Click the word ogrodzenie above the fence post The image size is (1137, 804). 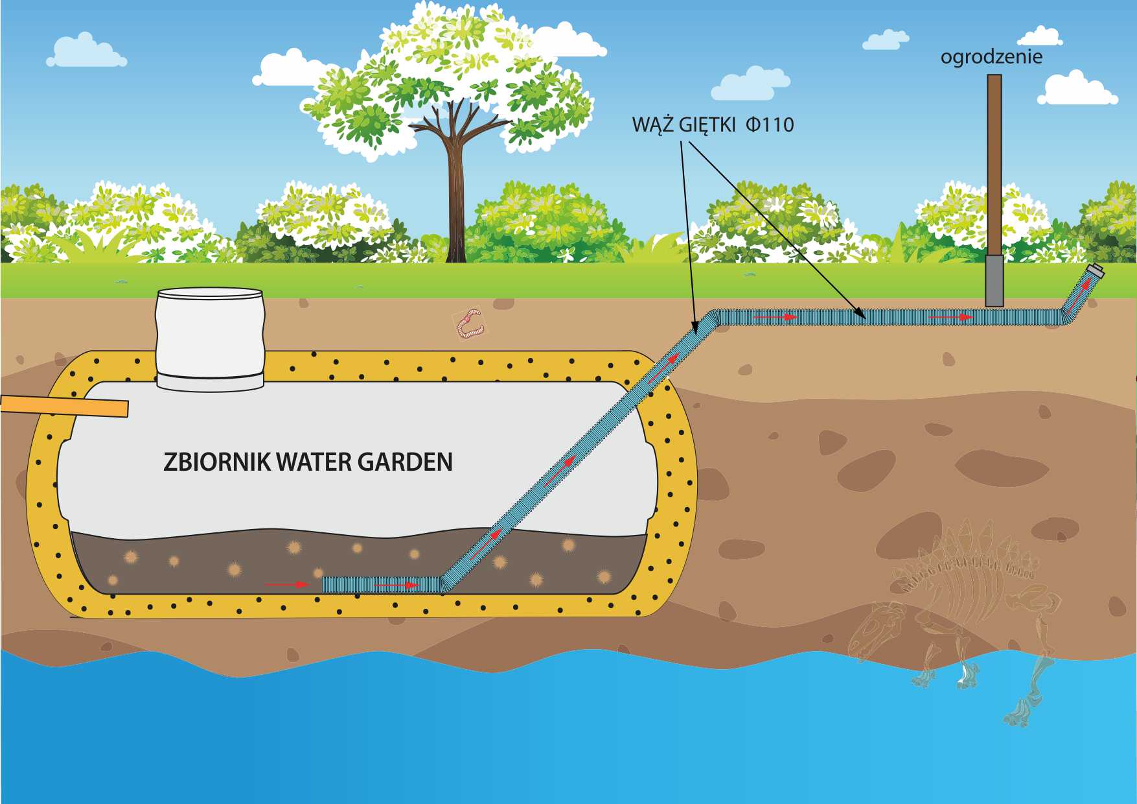point(991,57)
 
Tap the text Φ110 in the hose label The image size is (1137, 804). point(770,124)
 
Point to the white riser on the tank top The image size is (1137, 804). point(210,337)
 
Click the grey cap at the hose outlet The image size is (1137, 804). point(1096,271)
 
